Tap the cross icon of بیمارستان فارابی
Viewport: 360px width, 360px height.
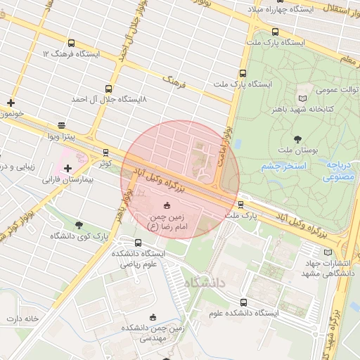67,168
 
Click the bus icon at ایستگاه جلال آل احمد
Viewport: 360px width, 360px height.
108,89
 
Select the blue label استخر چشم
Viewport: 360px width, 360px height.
283,167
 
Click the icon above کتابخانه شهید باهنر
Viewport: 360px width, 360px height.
303,98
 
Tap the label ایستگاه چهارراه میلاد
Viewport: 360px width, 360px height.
288,9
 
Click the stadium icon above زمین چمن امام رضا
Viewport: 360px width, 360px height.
167,205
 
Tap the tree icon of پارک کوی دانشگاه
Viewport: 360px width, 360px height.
78,225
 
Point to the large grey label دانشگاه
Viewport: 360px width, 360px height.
211,283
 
